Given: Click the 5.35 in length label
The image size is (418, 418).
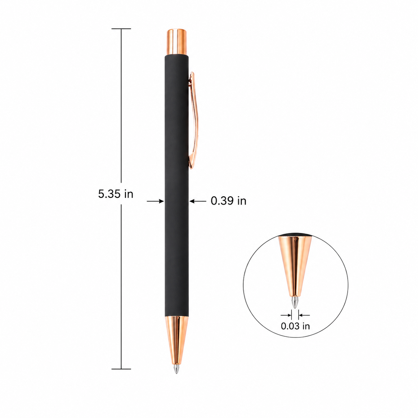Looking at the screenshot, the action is pos(116,194).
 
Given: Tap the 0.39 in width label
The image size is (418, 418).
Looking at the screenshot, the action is pos(229,201).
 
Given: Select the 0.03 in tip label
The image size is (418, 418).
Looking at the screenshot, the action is pos(295,332).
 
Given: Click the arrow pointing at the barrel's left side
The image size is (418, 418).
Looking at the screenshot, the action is pos(155,201).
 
